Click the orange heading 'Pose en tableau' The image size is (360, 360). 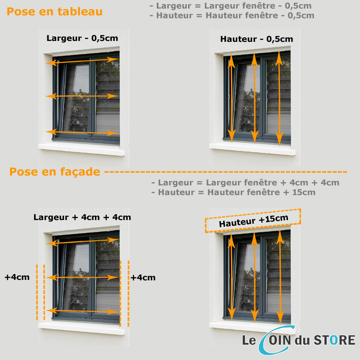tap(54, 12)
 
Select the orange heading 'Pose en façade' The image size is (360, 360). tap(54, 172)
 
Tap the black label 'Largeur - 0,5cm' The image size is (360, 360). tap(82, 38)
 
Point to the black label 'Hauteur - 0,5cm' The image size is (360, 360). tap(256, 39)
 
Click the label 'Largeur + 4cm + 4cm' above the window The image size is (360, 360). tap(82, 217)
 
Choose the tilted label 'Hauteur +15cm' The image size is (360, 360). tap(253, 220)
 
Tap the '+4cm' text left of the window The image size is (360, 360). tap(17, 277)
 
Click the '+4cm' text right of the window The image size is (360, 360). tap(143, 278)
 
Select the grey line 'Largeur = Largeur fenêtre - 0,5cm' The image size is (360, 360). tap(230, 6)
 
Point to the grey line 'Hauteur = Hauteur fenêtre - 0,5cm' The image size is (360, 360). tap(232, 16)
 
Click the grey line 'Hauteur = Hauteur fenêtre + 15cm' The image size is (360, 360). tap(234, 193)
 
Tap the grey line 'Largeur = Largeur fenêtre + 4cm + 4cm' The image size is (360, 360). tap(245, 183)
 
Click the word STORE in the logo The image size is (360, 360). tap(334, 340)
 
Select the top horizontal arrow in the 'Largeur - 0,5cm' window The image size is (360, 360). tap(82, 61)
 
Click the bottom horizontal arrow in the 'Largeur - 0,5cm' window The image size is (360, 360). tap(82, 132)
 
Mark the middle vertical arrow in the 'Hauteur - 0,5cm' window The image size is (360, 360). tap(254, 98)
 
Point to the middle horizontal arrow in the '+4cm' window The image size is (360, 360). tap(82, 278)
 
